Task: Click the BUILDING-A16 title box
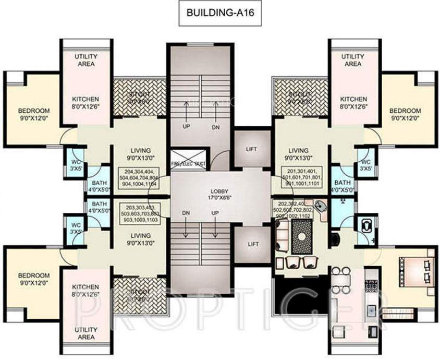[x=219, y=15]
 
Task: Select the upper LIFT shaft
[x=251, y=149]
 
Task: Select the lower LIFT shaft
[x=251, y=244]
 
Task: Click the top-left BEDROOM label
[x=34, y=114]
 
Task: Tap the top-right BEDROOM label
[x=405, y=114]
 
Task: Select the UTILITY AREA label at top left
[x=84, y=60]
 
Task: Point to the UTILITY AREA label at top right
[x=353, y=60]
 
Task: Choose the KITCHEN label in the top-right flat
[x=353, y=103]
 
